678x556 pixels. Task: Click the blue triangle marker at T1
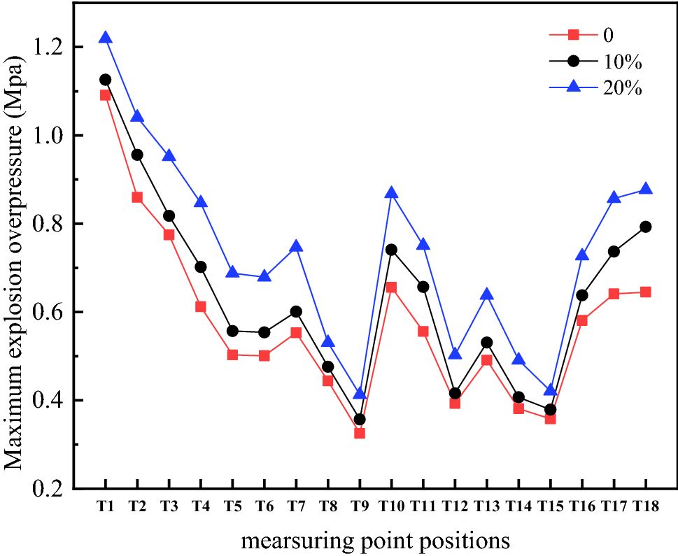105,37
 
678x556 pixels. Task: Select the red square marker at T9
360,433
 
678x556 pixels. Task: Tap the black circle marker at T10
391,250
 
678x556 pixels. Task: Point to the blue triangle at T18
645,189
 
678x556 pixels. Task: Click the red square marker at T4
201,306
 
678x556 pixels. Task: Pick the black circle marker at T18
645,227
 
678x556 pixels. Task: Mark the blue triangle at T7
296,245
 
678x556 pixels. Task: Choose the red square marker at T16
582,320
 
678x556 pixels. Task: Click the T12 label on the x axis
455,508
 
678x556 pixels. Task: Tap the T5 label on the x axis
232,508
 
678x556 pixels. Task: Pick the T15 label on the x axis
550,508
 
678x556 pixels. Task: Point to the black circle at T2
137,155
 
